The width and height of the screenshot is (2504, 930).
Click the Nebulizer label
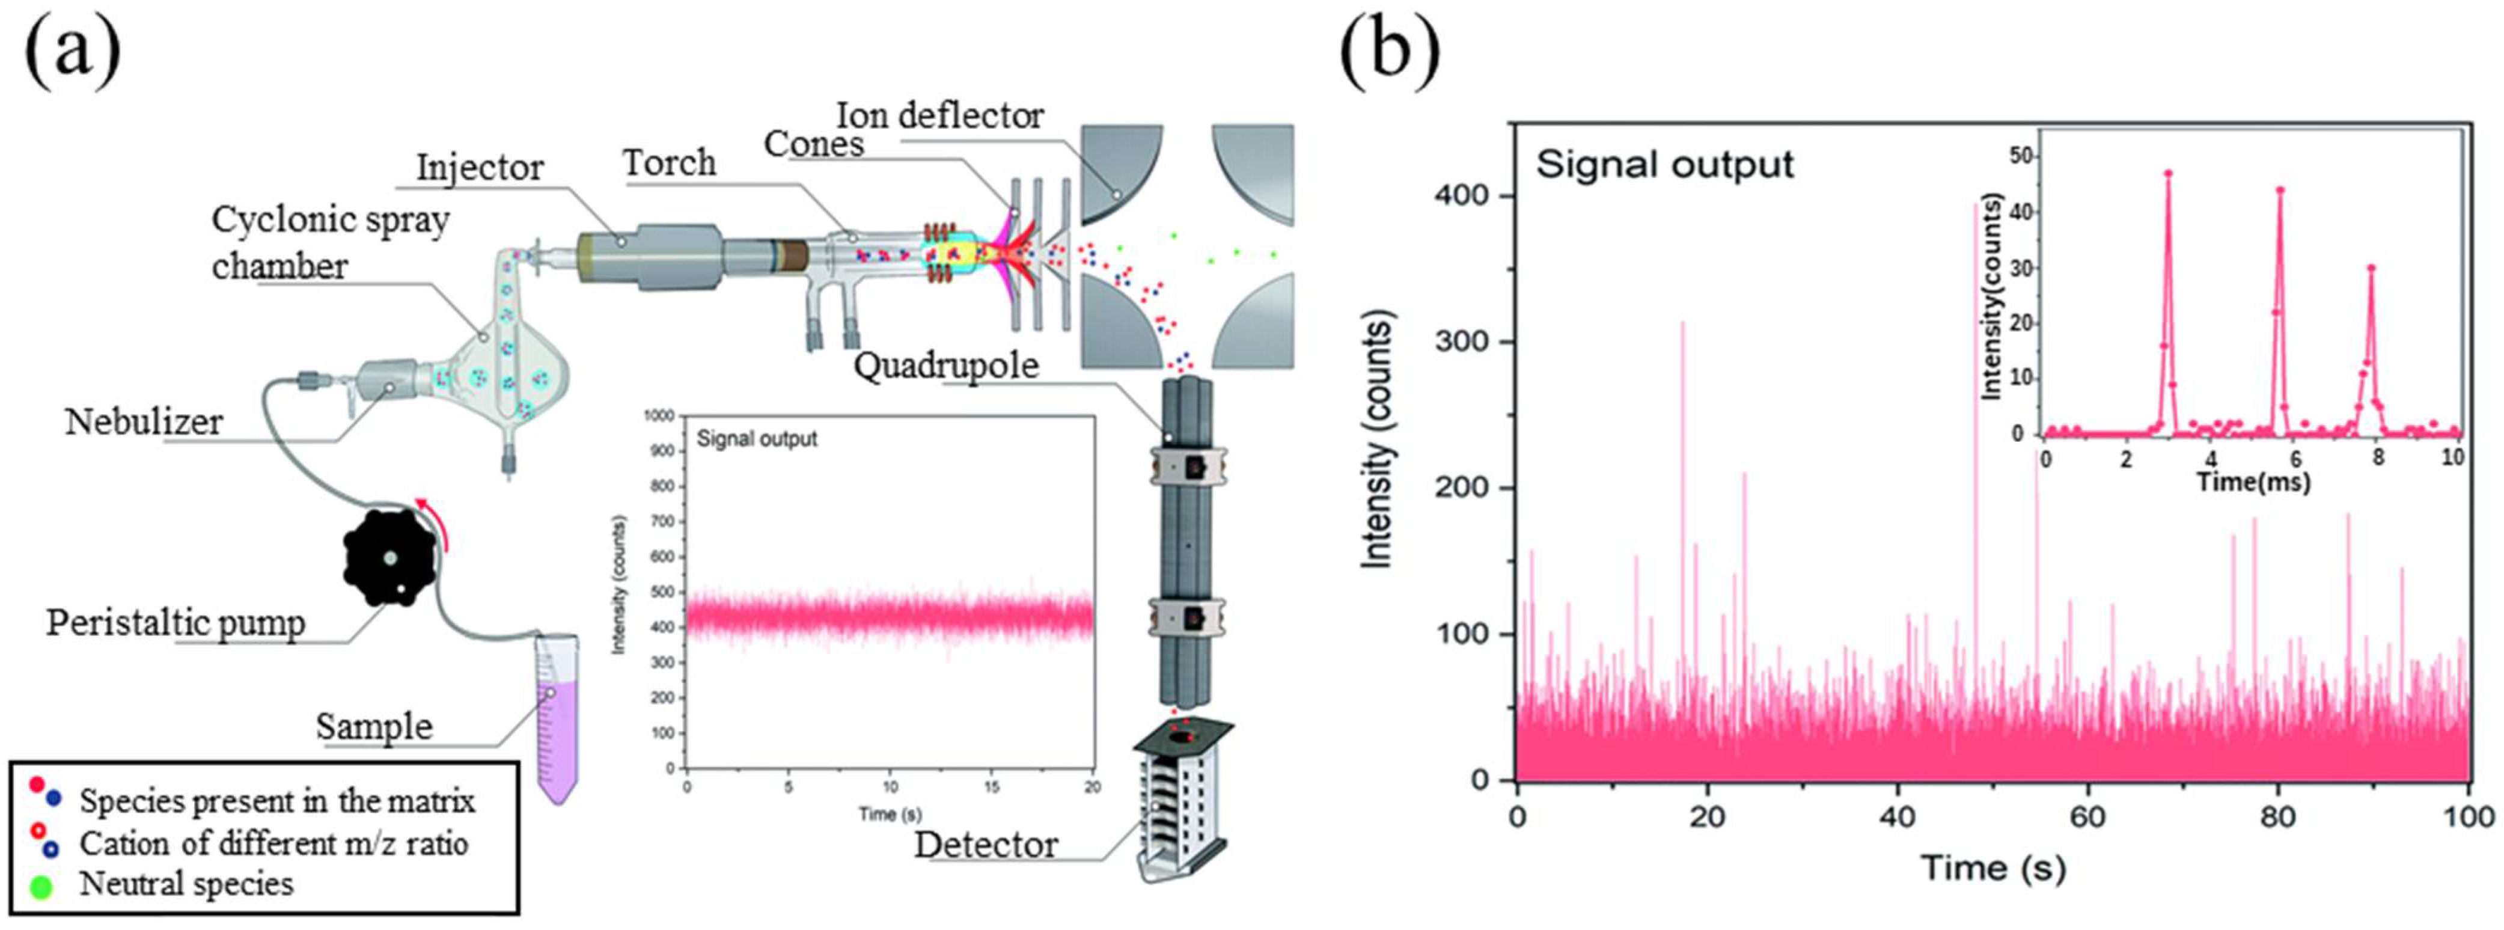click(143, 422)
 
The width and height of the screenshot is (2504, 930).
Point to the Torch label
click(669, 162)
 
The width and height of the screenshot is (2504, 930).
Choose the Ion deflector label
click(940, 115)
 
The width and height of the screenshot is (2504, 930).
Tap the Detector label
click(986, 845)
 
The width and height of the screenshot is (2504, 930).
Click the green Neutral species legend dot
click(41, 886)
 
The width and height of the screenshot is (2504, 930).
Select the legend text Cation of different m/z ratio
click(273, 843)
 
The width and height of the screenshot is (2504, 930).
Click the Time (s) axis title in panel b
click(1992, 867)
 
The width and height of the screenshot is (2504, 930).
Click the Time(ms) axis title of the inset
click(2253, 481)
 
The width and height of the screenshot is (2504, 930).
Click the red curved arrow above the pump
click(433, 516)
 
